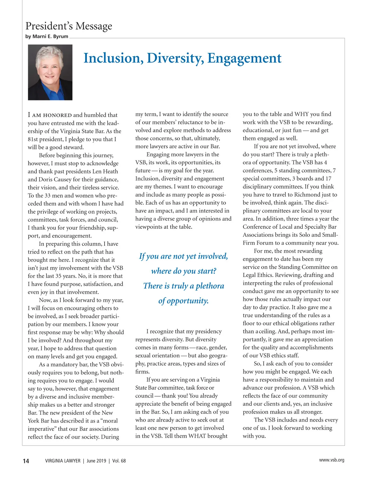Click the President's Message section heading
point(69,26)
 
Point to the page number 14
point(26,461)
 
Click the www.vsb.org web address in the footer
point(332,460)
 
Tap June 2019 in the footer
point(96,461)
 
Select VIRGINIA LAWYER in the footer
point(63,461)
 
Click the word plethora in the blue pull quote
point(210,286)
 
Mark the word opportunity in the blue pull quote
point(187,301)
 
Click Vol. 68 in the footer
point(119,461)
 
